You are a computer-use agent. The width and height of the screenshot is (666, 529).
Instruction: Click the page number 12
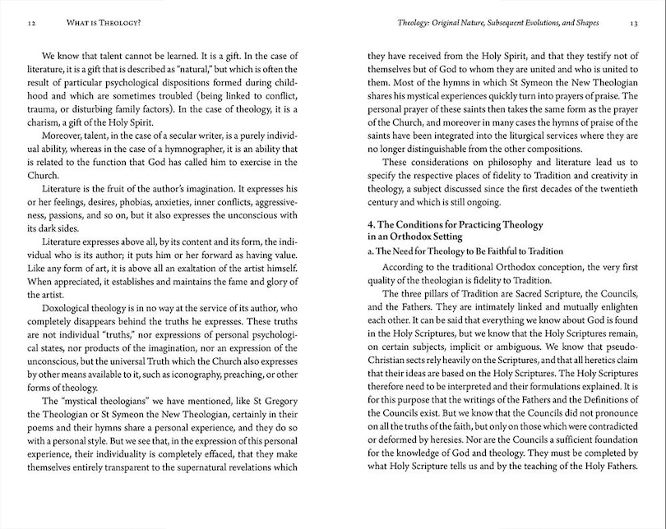click(30, 24)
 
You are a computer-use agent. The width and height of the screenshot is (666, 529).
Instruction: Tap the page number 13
click(634, 24)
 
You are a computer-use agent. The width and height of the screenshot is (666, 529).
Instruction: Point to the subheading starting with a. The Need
click(477, 251)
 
